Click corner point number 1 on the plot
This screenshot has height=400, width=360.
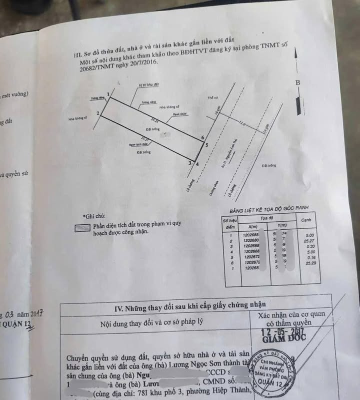pos(108,93)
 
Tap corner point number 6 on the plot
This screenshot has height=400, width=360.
pos(202,137)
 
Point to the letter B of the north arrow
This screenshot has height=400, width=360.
pos(297,82)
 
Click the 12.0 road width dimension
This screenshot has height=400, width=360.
pos(242,123)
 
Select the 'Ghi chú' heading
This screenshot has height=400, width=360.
pos(95,216)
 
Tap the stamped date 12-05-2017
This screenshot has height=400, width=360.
pos(286,330)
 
